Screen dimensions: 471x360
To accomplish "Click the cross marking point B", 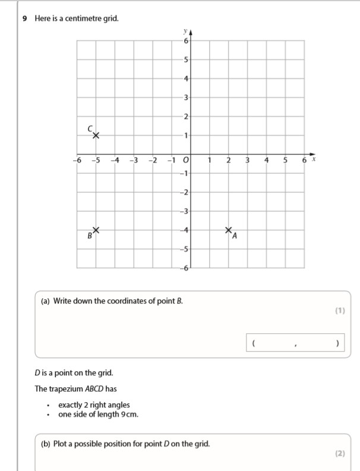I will point(96,230).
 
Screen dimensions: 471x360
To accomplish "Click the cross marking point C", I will point(96,135).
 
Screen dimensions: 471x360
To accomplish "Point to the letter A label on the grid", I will point(235,237).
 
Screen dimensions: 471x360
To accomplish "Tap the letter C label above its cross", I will point(90,128).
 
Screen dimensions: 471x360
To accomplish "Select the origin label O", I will point(185,160).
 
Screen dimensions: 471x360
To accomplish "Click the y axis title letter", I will point(185,30).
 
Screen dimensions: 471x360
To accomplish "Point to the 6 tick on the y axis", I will point(186,40).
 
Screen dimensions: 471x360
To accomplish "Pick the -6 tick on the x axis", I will point(76,160).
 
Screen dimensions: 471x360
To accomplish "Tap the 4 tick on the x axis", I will point(267,160).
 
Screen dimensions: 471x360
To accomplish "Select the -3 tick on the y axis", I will point(185,211).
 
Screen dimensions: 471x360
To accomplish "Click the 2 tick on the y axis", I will point(186,116).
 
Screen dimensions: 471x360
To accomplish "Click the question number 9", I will point(24,18).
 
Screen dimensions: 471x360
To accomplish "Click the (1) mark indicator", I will point(339,310).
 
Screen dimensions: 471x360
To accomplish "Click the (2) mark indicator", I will point(339,453).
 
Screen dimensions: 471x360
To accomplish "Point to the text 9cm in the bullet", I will point(129,414).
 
